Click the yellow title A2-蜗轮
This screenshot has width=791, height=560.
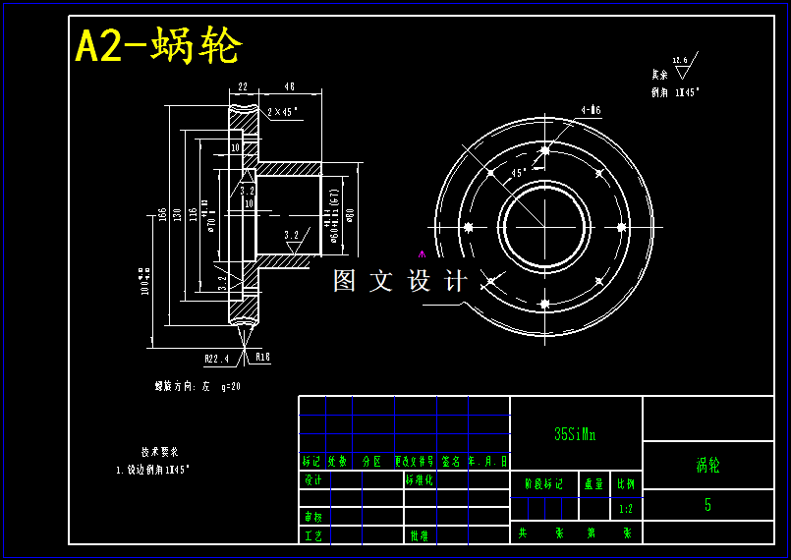[158, 46]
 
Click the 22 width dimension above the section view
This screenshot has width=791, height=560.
[243, 86]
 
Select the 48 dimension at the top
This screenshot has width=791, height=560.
[290, 86]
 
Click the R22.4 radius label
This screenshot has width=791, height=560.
[216, 358]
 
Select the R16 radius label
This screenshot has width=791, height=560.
[262, 358]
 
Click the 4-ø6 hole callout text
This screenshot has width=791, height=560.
[591, 110]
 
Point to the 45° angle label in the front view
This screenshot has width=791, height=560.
[519, 172]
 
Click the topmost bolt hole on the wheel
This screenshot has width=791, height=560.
[544, 150]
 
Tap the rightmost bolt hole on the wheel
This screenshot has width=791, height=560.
[620, 226]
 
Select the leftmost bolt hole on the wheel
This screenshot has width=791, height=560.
[469, 227]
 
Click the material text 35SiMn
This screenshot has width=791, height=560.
[575, 433]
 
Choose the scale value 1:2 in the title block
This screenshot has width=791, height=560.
[626, 510]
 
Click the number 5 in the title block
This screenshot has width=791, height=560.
[707, 505]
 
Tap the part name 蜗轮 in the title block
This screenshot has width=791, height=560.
[707, 465]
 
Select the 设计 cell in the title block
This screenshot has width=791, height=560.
[313, 480]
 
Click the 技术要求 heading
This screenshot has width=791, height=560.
[159, 453]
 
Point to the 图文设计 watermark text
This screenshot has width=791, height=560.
[400, 281]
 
